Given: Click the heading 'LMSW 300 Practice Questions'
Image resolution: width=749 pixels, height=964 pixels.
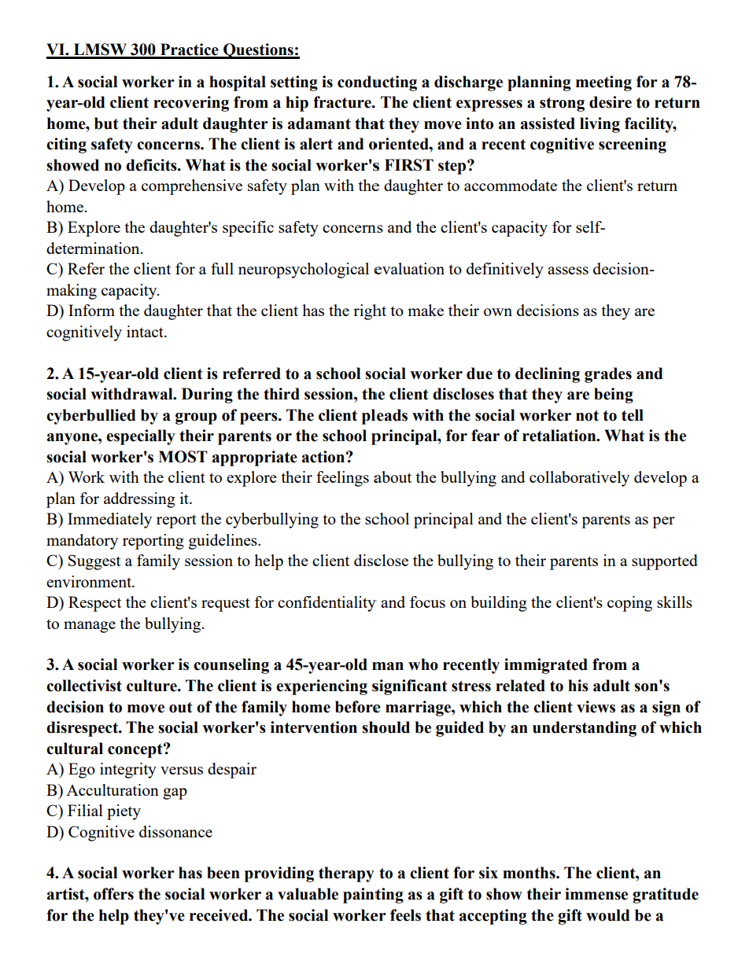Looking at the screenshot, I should (x=173, y=50).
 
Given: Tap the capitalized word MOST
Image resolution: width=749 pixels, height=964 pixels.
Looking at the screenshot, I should (x=184, y=457).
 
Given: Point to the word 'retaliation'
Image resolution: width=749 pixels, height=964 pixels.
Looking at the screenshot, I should (x=547, y=436).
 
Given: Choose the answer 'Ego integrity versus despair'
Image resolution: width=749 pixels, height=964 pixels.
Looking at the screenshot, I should (x=162, y=770).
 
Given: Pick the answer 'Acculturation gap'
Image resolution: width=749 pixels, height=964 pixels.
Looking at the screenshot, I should (x=127, y=790).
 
